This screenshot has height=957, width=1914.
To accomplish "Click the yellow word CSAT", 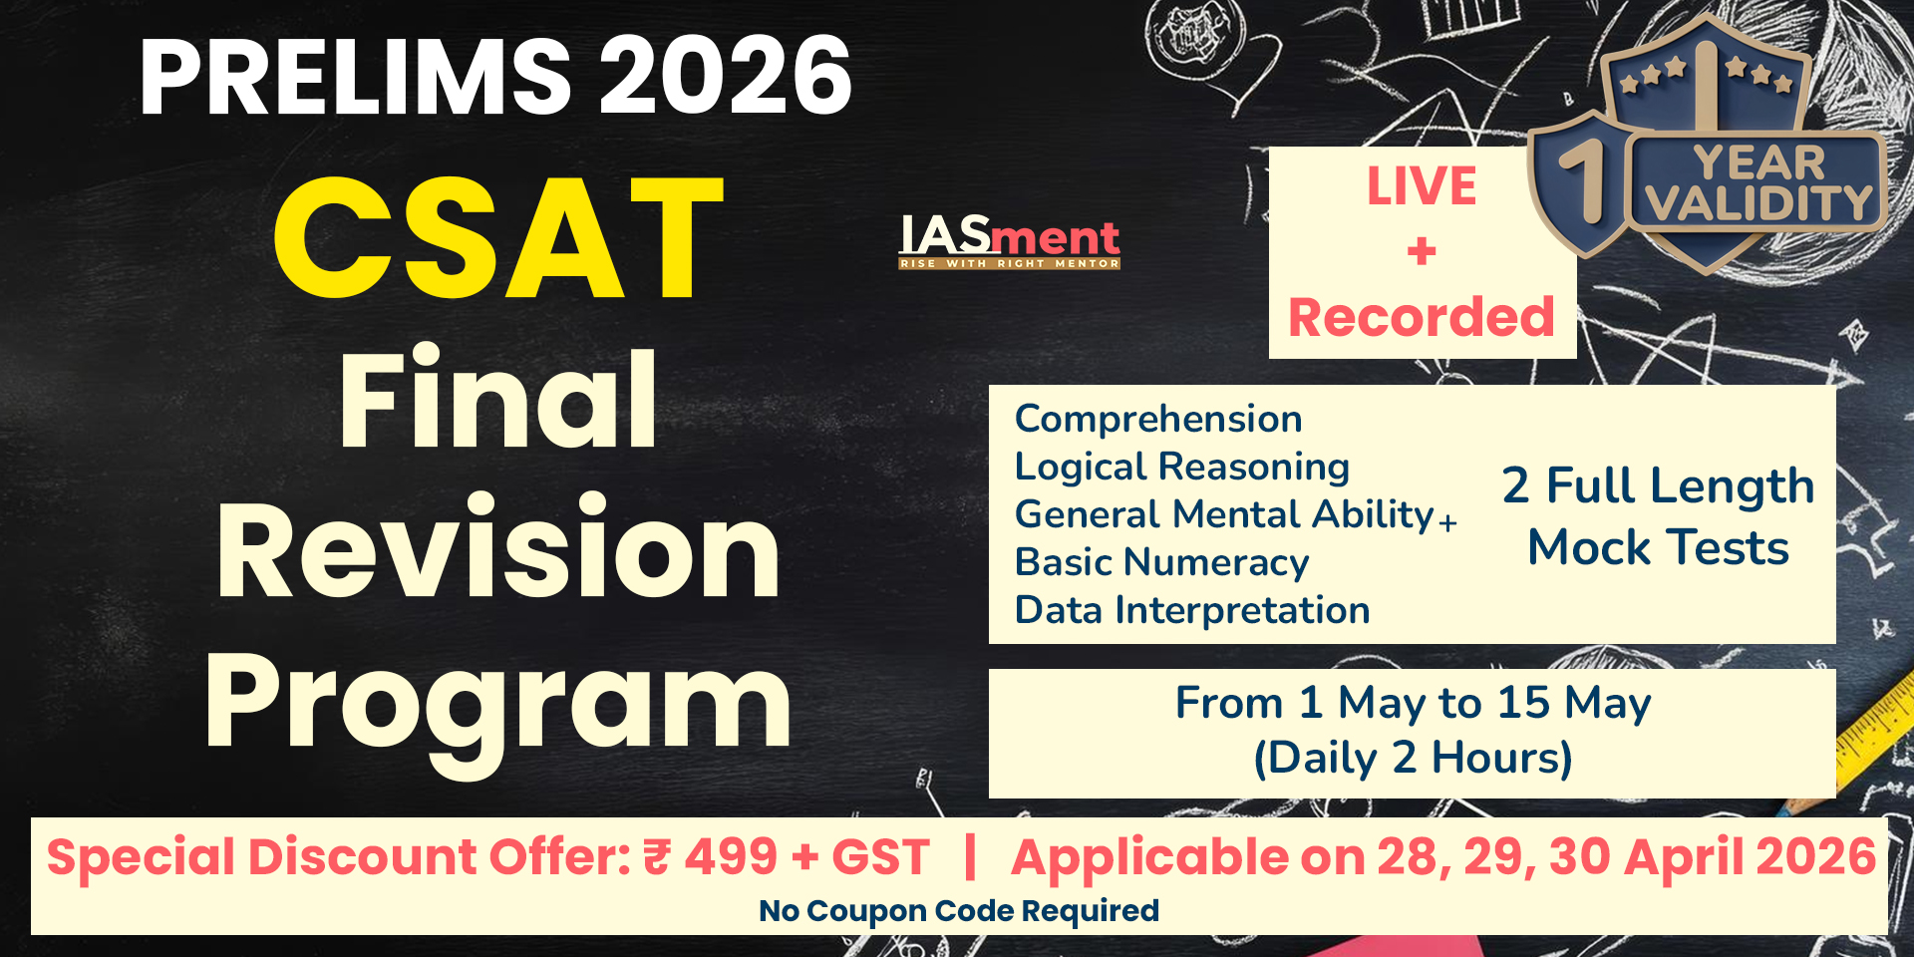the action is click(x=498, y=238).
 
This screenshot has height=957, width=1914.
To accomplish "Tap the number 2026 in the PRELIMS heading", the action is click(x=725, y=76).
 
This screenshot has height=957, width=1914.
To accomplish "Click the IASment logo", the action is click(x=1010, y=242).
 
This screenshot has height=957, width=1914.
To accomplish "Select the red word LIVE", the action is click(x=1422, y=186).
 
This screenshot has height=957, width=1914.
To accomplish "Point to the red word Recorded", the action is click(x=1422, y=317).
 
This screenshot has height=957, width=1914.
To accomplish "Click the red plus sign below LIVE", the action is click(x=1423, y=251).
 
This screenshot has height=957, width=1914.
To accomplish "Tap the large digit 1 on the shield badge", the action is click(x=1585, y=179).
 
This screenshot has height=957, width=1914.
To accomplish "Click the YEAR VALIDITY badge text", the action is click(x=1758, y=182).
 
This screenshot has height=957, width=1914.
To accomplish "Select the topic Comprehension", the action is click(x=1158, y=420).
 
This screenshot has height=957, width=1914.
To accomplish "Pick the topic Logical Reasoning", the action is click(x=1182, y=468).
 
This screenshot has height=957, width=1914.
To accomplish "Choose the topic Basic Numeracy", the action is click(x=1162, y=563).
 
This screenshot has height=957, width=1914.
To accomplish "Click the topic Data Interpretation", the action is click(x=1192, y=610).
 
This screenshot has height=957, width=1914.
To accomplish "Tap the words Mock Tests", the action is click(x=1659, y=547).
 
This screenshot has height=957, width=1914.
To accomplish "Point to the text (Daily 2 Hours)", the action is click(x=1413, y=759).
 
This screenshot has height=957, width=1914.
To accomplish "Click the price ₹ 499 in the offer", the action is click(x=711, y=857).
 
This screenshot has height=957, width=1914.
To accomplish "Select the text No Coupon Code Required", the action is click(x=959, y=910).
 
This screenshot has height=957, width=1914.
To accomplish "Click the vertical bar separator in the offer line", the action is click(x=970, y=857).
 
